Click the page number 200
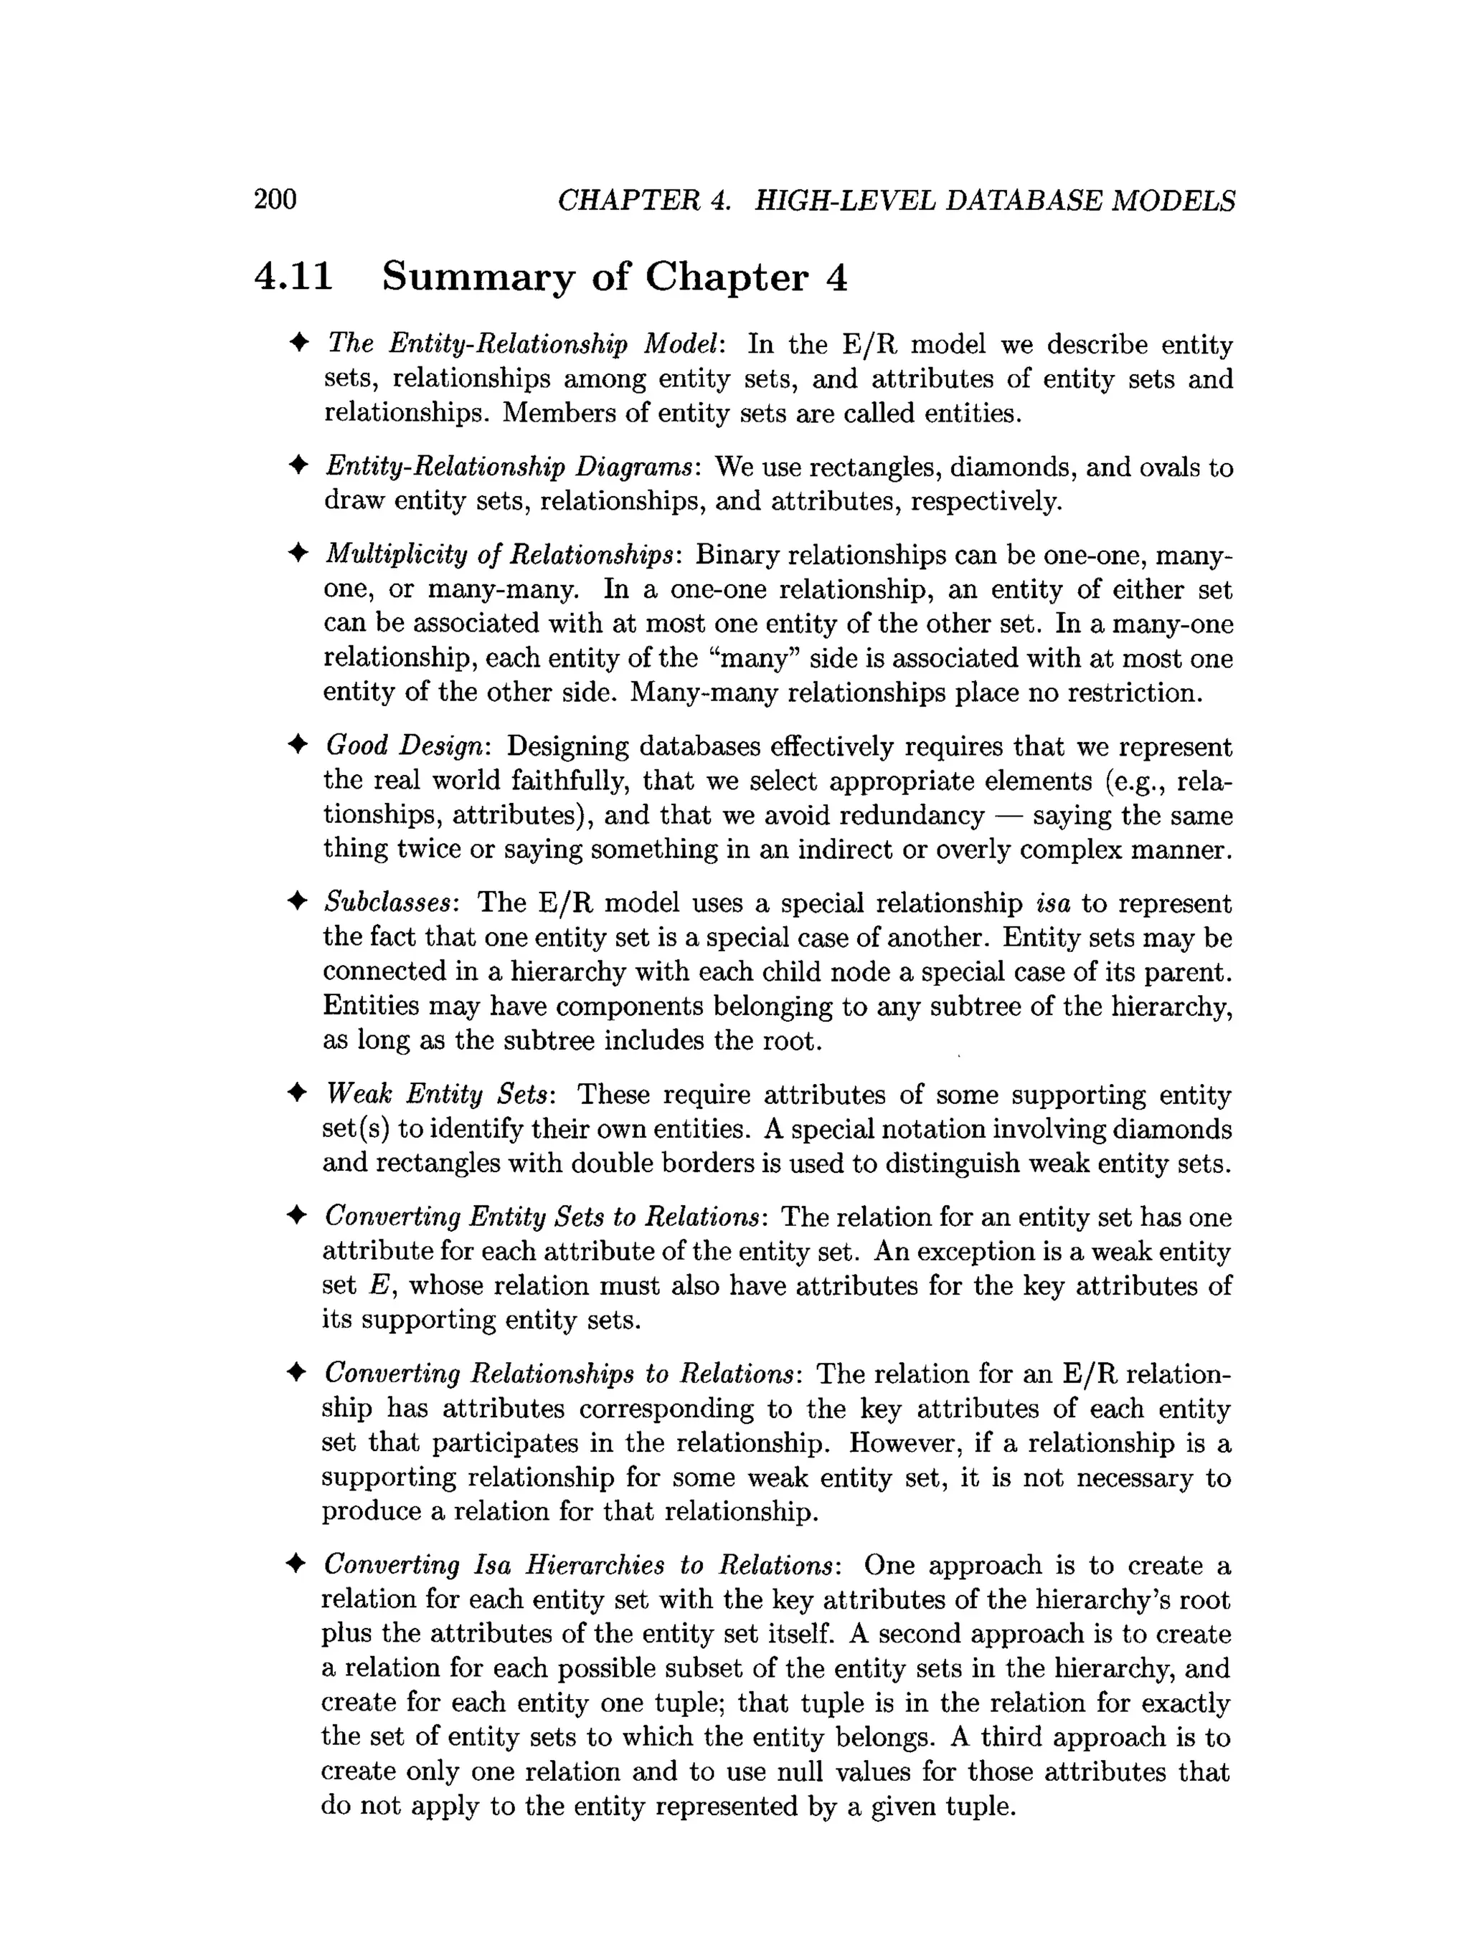(275, 199)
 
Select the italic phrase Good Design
(405, 746)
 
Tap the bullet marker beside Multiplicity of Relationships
(298, 554)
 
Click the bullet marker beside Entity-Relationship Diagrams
(298, 465)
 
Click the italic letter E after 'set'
(377, 1285)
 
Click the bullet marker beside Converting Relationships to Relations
(298, 1373)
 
